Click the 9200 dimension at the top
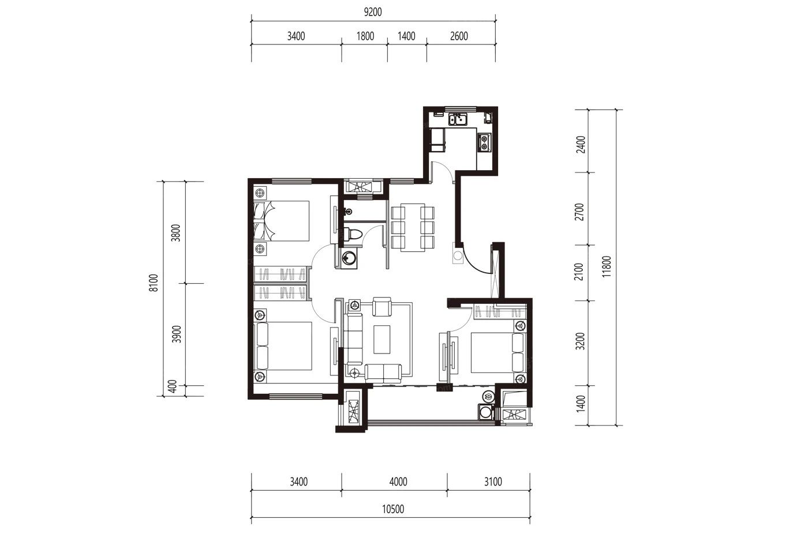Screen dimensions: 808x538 pos(373,12)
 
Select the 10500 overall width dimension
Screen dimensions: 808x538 pos(393,509)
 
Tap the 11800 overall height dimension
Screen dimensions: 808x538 pos(607,266)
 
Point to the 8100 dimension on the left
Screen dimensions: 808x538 pos(154,283)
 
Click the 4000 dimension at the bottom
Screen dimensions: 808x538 pos(398,482)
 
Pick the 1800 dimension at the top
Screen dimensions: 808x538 pos(365,36)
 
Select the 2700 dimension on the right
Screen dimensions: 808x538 pos(579,212)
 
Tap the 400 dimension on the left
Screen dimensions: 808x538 pos(173,386)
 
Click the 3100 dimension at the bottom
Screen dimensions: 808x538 pos(493,482)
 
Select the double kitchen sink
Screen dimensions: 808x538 pos(458,119)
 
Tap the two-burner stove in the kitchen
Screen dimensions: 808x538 pos(484,142)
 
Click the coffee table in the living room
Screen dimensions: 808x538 pos(381,340)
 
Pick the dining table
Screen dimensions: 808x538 pos(413,227)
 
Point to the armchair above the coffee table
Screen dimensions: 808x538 pos(382,307)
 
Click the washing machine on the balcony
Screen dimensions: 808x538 pos(485,412)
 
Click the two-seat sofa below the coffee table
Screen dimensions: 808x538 pos(383,373)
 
